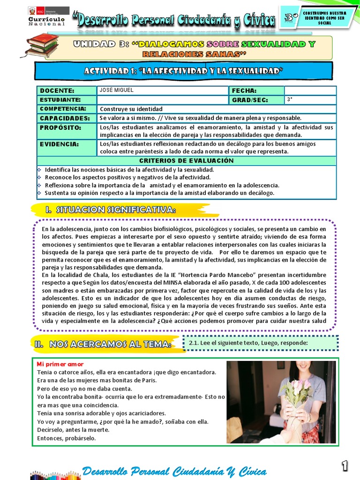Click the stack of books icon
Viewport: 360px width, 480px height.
point(42,45)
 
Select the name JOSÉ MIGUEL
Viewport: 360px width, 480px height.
point(116,90)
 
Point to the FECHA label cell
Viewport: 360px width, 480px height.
point(256,90)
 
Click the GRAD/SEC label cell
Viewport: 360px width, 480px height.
point(256,100)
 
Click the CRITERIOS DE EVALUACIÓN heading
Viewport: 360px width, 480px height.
point(186,160)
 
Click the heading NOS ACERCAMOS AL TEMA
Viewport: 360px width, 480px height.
point(102,344)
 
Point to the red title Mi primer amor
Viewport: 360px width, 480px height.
point(60,364)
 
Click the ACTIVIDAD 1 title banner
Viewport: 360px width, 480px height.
point(184,71)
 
